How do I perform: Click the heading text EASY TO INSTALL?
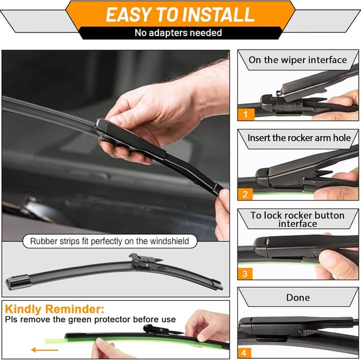click(x=180, y=14)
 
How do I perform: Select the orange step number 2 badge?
click(x=245, y=194)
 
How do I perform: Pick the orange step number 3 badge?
click(x=245, y=274)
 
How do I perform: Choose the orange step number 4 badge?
click(x=245, y=353)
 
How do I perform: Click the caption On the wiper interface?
click(x=297, y=60)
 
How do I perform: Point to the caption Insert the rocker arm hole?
click(x=299, y=137)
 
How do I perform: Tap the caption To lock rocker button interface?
click(x=297, y=219)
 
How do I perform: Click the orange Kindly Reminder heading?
click(x=54, y=309)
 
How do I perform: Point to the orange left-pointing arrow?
click(x=45, y=350)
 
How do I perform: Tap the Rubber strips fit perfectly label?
click(x=110, y=242)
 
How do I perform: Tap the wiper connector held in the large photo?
click(x=121, y=132)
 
